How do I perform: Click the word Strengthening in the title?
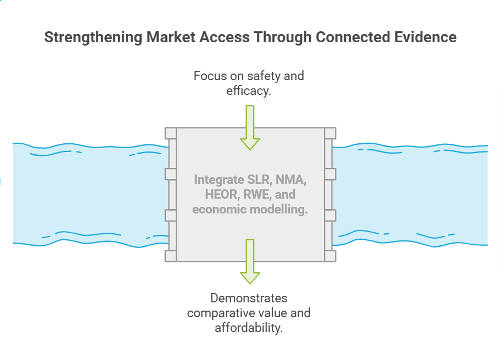click(93, 37)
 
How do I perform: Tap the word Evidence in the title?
click(426, 37)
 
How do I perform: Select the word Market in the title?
click(171, 37)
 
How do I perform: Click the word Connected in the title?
click(353, 37)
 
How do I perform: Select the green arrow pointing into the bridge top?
click(250, 128)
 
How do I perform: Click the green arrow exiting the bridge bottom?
click(250, 262)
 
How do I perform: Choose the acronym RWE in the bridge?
click(257, 194)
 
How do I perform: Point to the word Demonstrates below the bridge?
click(249, 298)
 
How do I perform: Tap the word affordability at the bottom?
click(249, 328)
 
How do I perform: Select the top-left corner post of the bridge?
click(171, 133)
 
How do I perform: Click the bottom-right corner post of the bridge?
click(330, 256)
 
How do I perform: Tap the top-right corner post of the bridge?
click(330, 133)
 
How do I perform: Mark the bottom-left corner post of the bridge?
click(171, 256)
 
